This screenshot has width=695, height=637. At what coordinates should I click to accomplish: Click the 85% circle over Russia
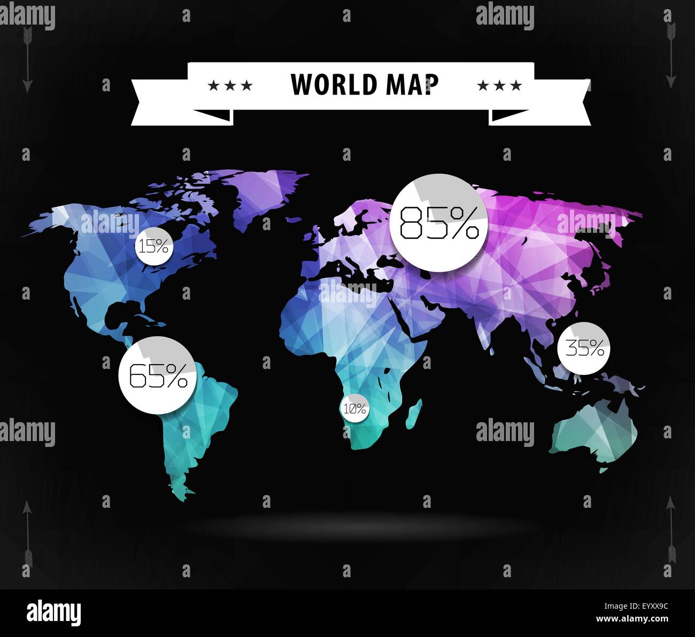[x=439, y=223]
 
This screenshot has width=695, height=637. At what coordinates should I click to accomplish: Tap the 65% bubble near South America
[x=158, y=375]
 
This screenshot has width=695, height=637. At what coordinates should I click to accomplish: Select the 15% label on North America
[x=154, y=246]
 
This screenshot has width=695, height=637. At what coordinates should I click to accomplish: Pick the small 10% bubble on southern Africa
[x=355, y=409]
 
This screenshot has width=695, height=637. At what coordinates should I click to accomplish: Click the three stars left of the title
[x=230, y=85]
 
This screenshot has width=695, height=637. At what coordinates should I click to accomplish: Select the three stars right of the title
[x=499, y=85]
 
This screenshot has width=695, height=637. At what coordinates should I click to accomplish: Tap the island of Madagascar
[x=414, y=414]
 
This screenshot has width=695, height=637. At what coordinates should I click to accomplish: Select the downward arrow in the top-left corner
[x=27, y=59]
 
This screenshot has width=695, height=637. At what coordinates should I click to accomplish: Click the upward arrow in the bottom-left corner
[x=27, y=534]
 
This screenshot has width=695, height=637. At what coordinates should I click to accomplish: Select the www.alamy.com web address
[x=632, y=619]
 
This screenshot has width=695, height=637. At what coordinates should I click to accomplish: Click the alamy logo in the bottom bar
[x=53, y=612]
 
